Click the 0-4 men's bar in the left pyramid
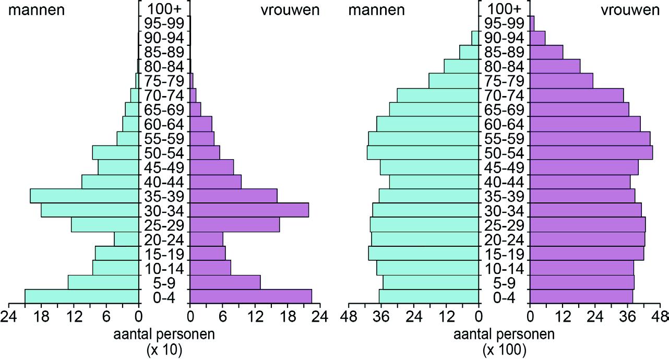(82, 296)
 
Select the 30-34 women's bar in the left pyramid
(249, 210)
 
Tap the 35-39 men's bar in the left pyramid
(85, 196)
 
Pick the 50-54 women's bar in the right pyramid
(591, 152)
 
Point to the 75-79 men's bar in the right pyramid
(453, 81)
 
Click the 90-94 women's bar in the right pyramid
(537, 38)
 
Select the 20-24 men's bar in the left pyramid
(126, 239)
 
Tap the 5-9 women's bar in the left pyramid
(225, 282)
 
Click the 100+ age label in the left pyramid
(164, 9)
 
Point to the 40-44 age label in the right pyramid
(504, 182)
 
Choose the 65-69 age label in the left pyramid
(164, 110)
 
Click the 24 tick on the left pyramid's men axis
(8, 316)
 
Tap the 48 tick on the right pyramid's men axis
(349, 316)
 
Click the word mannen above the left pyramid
(36, 10)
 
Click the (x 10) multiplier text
(164, 351)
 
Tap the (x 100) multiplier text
(504, 351)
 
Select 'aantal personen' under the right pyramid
(504, 334)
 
